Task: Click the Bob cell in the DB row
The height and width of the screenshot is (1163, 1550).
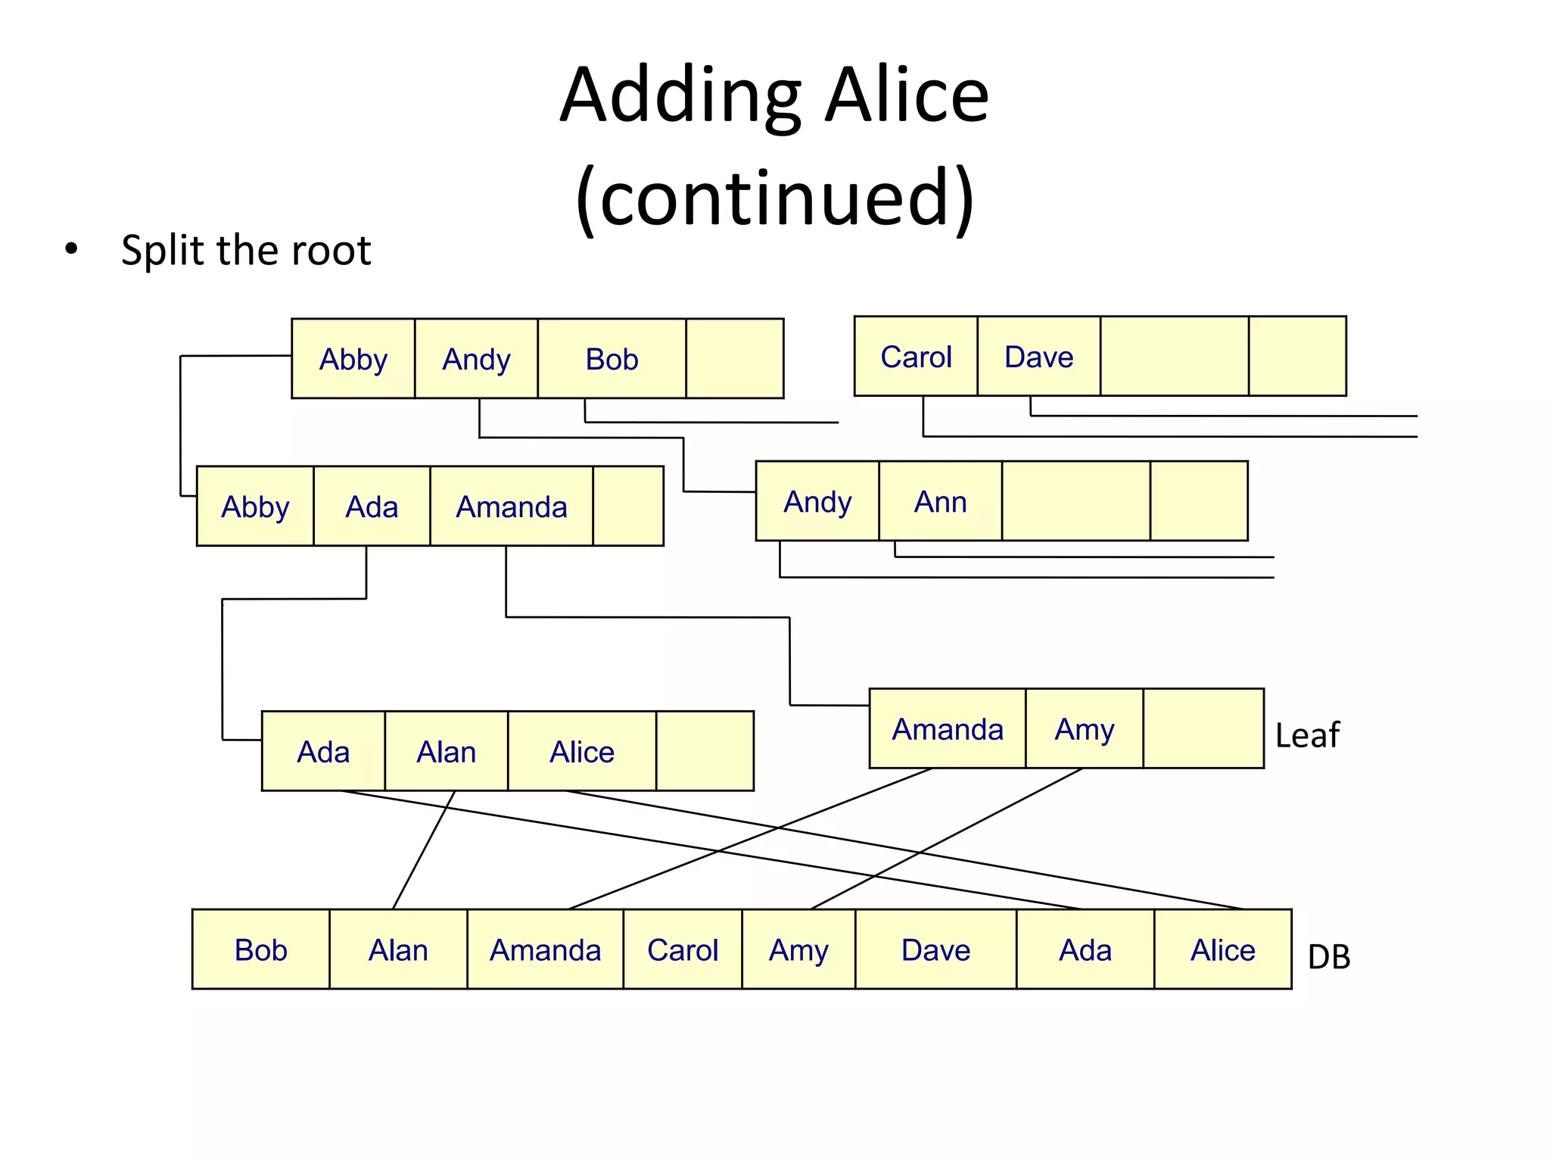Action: click(x=260, y=949)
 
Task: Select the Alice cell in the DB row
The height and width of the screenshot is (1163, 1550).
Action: click(x=1222, y=949)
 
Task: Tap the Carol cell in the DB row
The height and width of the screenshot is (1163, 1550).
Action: click(x=682, y=949)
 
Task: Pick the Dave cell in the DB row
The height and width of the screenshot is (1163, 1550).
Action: click(x=935, y=949)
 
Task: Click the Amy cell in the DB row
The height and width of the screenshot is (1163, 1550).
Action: click(x=798, y=949)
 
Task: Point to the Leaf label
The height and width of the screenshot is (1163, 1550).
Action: click(x=1307, y=735)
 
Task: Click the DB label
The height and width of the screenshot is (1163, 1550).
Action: click(x=1329, y=957)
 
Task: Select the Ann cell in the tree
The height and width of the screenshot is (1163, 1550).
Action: click(x=940, y=501)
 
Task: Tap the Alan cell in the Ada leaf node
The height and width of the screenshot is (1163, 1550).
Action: click(x=446, y=752)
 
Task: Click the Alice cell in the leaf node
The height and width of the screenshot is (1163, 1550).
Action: click(x=581, y=752)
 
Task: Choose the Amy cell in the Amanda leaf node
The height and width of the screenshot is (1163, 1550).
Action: click(x=1084, y=729)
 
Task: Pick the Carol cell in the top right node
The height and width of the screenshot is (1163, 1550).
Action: click(x=916, y=357)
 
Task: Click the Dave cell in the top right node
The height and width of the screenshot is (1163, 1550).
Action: click(x=1038, y=357)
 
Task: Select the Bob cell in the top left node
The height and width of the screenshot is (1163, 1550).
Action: click(x=612, y=359)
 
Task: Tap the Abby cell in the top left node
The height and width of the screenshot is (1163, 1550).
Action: click(x=353, y=359)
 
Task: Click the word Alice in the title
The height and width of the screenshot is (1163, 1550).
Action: click(x=907, y=95)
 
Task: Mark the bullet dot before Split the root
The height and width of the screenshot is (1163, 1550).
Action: click(x=71, y=248)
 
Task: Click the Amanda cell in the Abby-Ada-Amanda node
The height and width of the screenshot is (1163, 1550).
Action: click(x=511, y=507)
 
